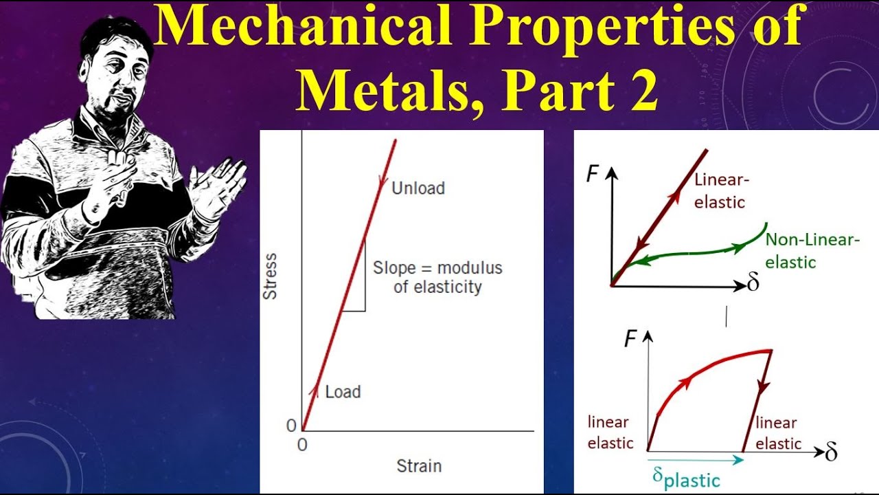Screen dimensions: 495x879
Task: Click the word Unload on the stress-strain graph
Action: pos(418,188)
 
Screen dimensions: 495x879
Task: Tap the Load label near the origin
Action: pos(343,392)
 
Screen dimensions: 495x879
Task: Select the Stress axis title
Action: pos(271,276)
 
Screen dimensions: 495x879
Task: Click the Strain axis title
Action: pos(419,466)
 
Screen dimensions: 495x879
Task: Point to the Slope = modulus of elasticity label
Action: pos(437,277)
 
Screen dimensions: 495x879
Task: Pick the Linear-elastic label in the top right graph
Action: pos(722,191)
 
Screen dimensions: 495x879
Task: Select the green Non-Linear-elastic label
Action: pos(812,250)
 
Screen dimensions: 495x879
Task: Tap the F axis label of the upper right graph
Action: pos(592,174)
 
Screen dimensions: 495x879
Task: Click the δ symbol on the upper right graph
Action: pos(753,283)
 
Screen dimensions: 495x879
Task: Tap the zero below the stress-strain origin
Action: pos(302,445)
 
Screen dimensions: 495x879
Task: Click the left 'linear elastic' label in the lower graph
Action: pos(610,432)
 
